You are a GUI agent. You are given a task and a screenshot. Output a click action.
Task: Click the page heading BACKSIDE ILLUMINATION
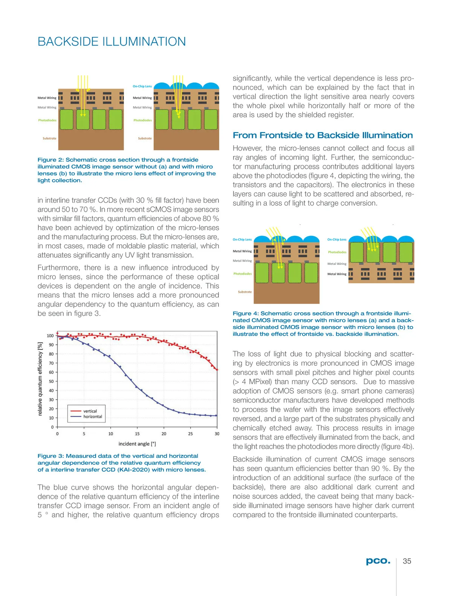click(x=111, y=41)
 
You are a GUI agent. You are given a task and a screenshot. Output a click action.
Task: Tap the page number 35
click(x=407, y=561)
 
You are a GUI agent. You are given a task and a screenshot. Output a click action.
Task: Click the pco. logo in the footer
click(x=378, y=561)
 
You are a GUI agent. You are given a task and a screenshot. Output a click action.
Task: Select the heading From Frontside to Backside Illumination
click(x=322, y=135)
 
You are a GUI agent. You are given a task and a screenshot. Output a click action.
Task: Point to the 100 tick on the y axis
click(x=50, y=336)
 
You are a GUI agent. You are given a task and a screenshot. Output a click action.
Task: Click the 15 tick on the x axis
click(x=137, y=434)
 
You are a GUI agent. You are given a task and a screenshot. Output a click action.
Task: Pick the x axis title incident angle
click(x=137, y=444)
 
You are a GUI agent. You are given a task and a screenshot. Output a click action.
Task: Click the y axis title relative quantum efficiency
click(x=40, y=379)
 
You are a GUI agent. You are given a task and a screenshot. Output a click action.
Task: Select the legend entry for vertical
click(x=90, y=411)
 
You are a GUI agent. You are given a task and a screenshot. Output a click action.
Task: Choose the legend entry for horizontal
click(x=93, y=417)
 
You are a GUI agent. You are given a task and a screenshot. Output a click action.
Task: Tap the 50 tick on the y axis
click(x=51, y=381)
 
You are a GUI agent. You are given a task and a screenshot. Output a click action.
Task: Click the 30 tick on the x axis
click(x=217, y=434)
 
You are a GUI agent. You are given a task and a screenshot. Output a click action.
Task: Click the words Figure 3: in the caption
click(x=51, y=456)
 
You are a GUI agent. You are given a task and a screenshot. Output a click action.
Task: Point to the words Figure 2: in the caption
click(x=51, y=160)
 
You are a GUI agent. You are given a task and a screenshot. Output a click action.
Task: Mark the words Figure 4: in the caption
click(x=246, y=313)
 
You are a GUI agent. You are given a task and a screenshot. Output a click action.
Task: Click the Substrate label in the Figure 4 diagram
click(x=245, y=292)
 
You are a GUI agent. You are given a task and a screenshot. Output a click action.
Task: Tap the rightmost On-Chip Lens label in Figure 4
click(x=337, y=240)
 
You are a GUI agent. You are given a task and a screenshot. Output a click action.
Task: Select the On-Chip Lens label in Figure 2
click(x=142, y=86)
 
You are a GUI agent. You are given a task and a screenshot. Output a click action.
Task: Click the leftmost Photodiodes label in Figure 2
click(x=47, y=121)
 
